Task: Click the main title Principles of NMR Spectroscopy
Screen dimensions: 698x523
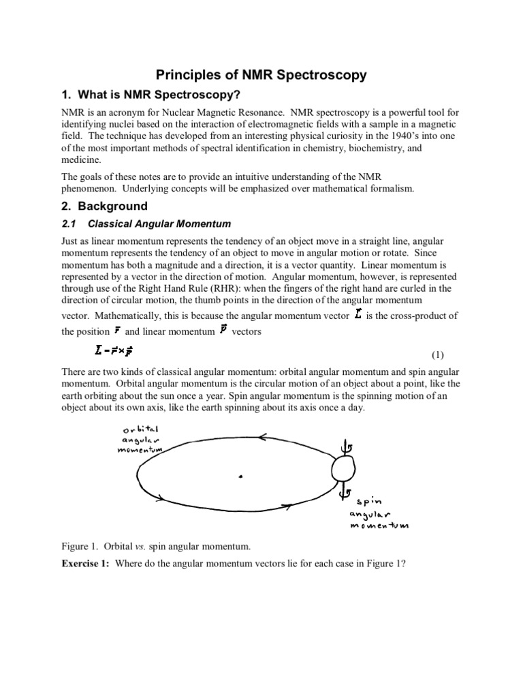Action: click(262, 75)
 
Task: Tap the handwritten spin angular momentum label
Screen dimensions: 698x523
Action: click(377, 513)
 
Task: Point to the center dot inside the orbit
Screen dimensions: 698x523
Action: click(240, 477)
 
